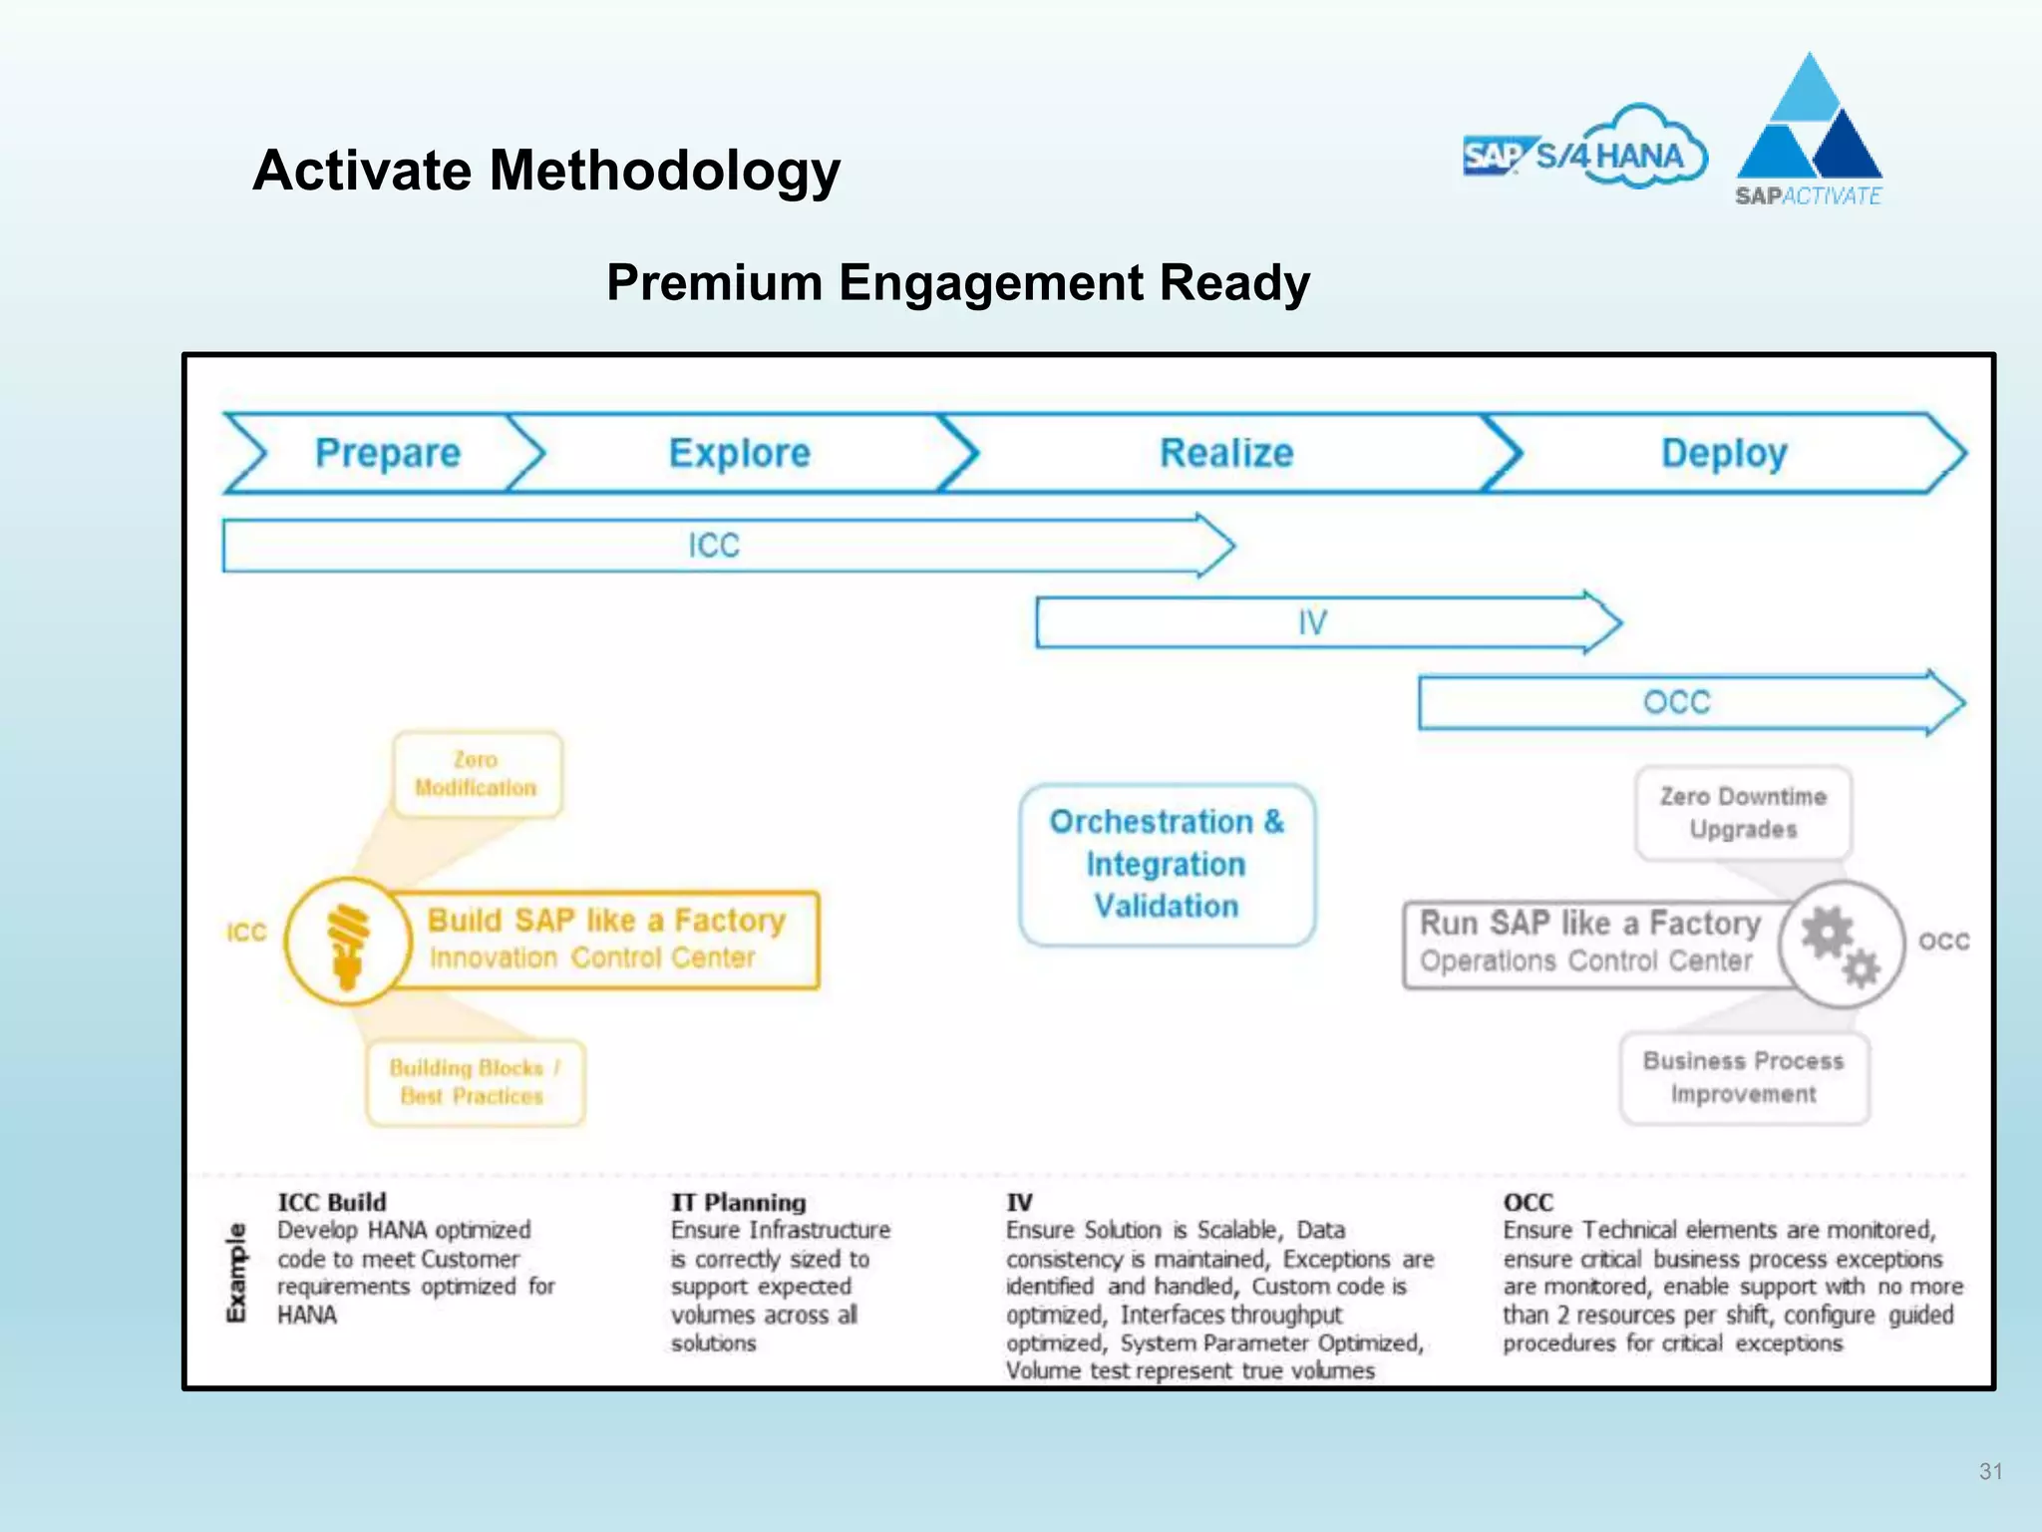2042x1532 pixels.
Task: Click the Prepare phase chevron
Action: pyautogui.click(x=387, y=453)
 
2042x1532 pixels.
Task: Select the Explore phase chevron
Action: pyautogui.click(x=739, y=453)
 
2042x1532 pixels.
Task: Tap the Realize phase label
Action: pyautogui.click(x=1225, y=453)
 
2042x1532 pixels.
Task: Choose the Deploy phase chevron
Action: pyautogui.click(x=1723, y=453)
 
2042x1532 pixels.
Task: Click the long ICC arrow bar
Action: pyautogui.click(x=714, y=546)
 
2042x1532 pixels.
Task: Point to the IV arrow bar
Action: pyautogui.click(x=1312, y=622)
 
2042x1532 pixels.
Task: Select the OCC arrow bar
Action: pyautogui.click(x=1676, y=702)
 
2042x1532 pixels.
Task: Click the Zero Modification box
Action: pyautogui.click(x=476, y=774)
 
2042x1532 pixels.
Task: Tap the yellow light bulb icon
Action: pyautogui.click(x=347, y=942)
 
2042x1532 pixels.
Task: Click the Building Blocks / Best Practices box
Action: pyautogui.click(x=475, y=1082)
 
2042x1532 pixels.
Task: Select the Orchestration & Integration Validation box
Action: pyautogui.click(x=1167, y=864)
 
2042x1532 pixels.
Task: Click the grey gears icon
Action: pyautogui.click(x=1841, y=943)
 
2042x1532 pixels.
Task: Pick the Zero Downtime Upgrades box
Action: pyautogui.click(x=1743, y=812)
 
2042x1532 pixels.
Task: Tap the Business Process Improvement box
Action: pyautogui.click(x=1743, y=1077)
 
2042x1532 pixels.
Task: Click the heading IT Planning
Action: pyautogui.click(x=738, y=1202)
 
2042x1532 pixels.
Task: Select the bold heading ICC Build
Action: pyautogui.click(x=331, y=1202)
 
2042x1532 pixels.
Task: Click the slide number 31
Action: pyautogui.click(x=1990, y=1471)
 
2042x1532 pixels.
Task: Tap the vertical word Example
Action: pyautogui.click(x=236, y=1273)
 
